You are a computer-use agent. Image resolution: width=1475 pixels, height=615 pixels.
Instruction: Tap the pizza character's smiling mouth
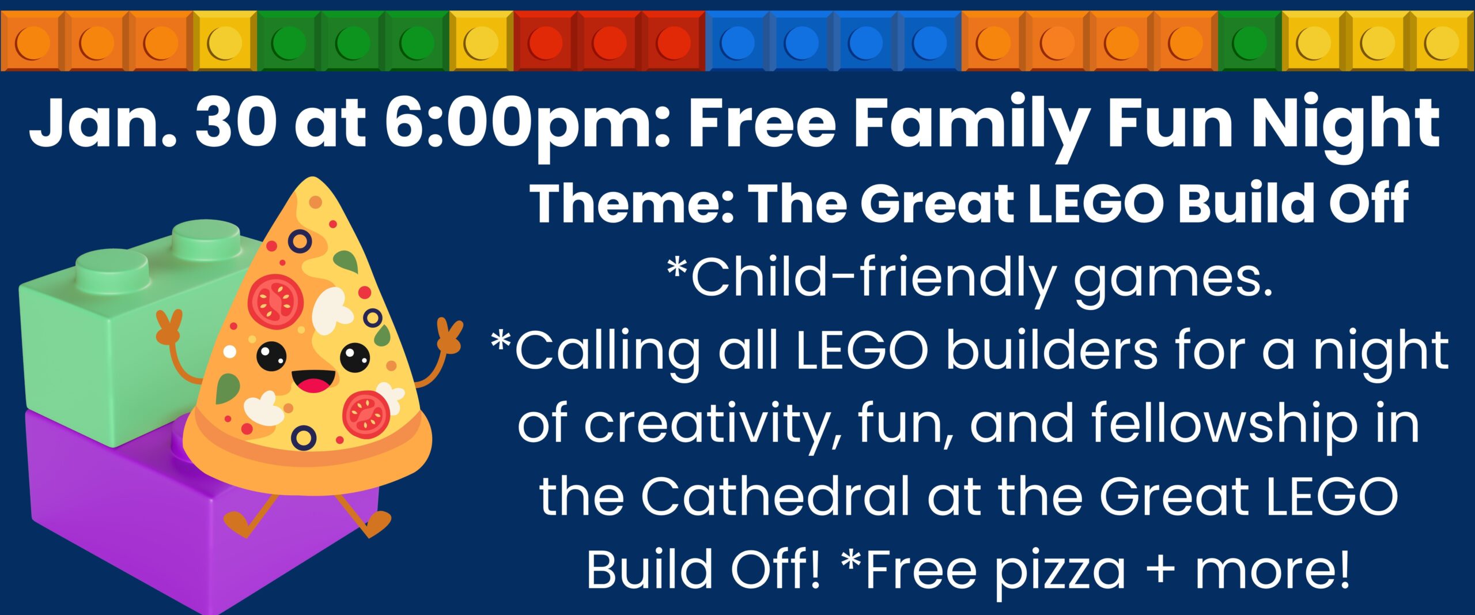[x=313, y=381]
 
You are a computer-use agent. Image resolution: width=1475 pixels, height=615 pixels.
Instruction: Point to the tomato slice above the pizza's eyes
[x=276, y=301]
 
